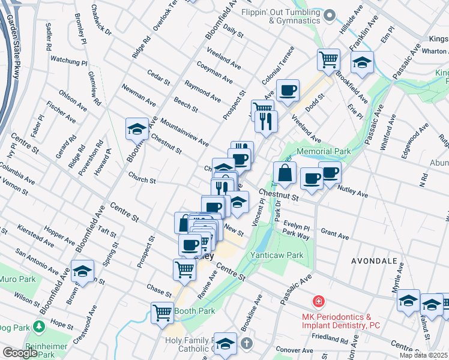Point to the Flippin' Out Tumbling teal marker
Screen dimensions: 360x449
coord(329,16)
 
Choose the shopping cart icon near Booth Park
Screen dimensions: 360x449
coord(163,313)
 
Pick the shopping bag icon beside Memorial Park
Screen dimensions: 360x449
coord(285,173)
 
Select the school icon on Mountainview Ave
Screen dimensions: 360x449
coord(137,129)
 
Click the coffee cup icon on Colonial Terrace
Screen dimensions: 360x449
coord(288,91)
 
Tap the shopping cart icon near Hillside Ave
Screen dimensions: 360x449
coord(328,59)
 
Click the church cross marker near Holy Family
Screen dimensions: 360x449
coord(247,344)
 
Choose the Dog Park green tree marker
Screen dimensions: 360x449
coord(40,327)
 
